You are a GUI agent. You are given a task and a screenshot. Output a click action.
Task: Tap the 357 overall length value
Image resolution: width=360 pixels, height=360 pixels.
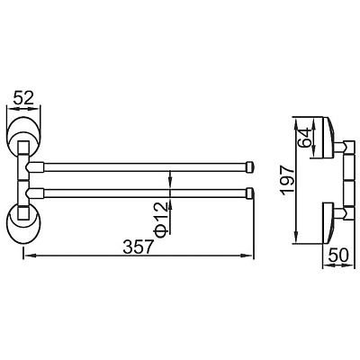coord(136,245)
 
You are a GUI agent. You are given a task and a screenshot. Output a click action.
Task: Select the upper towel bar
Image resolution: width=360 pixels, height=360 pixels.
coord(144,167)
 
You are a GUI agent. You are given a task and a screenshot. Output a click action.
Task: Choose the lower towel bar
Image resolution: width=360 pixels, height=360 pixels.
coord(144,192)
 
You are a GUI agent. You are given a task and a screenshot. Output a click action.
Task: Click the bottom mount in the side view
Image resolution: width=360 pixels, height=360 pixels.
coord(328,216)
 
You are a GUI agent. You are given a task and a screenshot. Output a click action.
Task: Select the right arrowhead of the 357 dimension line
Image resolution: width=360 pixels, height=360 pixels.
coord(250,256)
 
